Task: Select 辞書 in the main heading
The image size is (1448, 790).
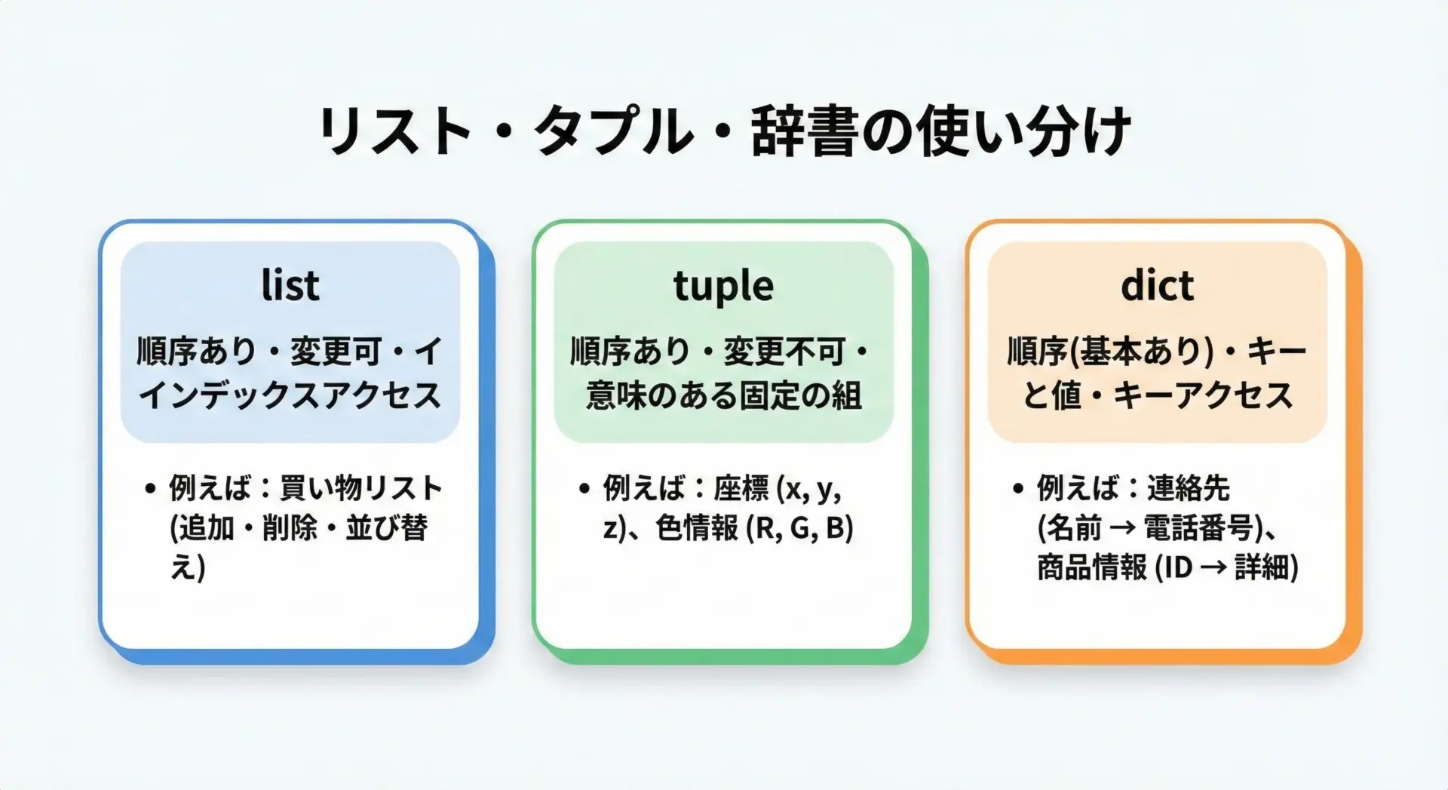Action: pyautogui.click(x=805, y=131)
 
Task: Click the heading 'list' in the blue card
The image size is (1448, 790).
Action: pyautogui.click(x=290, y=285)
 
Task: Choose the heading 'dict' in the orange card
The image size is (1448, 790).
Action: pyautogui.click(x=1157, y=285)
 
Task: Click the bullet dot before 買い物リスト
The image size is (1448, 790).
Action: pyautogui.click(x=151, y=489)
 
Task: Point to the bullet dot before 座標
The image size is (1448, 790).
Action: pyautogui.click(x=584, y=489)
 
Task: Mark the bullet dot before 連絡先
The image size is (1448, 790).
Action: pyautogui.click(x=1018, y=489)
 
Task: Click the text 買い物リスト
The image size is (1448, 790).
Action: pyautogui.click(x=360, y=488)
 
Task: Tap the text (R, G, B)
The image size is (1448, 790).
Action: pyautogui.click(x=799, y=528)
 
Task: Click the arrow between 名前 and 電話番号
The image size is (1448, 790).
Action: pyautogui.click(x=1123, y=528)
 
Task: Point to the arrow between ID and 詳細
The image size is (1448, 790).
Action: pyautogui.click(x=1213, y=567)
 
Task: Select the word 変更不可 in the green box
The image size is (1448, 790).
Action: pyautogui.click(x=784, y=351)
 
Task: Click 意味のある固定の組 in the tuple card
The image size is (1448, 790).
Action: pyautogui.click(x=724, y=395)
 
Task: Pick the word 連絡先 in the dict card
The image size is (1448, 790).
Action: pyautogui.click(x=1188, y=488)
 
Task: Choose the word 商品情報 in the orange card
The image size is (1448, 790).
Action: pyautogui.click(x=1092, y=567)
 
